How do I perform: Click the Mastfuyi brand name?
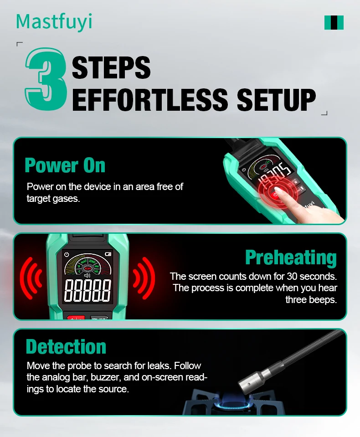click(54, 22)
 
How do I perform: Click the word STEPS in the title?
click(111, 68)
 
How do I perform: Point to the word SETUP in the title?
click(276, 99)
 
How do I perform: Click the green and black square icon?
click(334, 22)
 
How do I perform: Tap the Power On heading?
click(65, 165)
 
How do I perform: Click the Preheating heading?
click(291, 257)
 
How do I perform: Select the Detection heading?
click(66, 347)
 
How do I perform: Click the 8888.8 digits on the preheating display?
click(87, 291)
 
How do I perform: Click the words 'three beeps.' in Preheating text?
click(311, 300)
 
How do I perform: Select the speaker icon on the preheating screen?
click(87, 275)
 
